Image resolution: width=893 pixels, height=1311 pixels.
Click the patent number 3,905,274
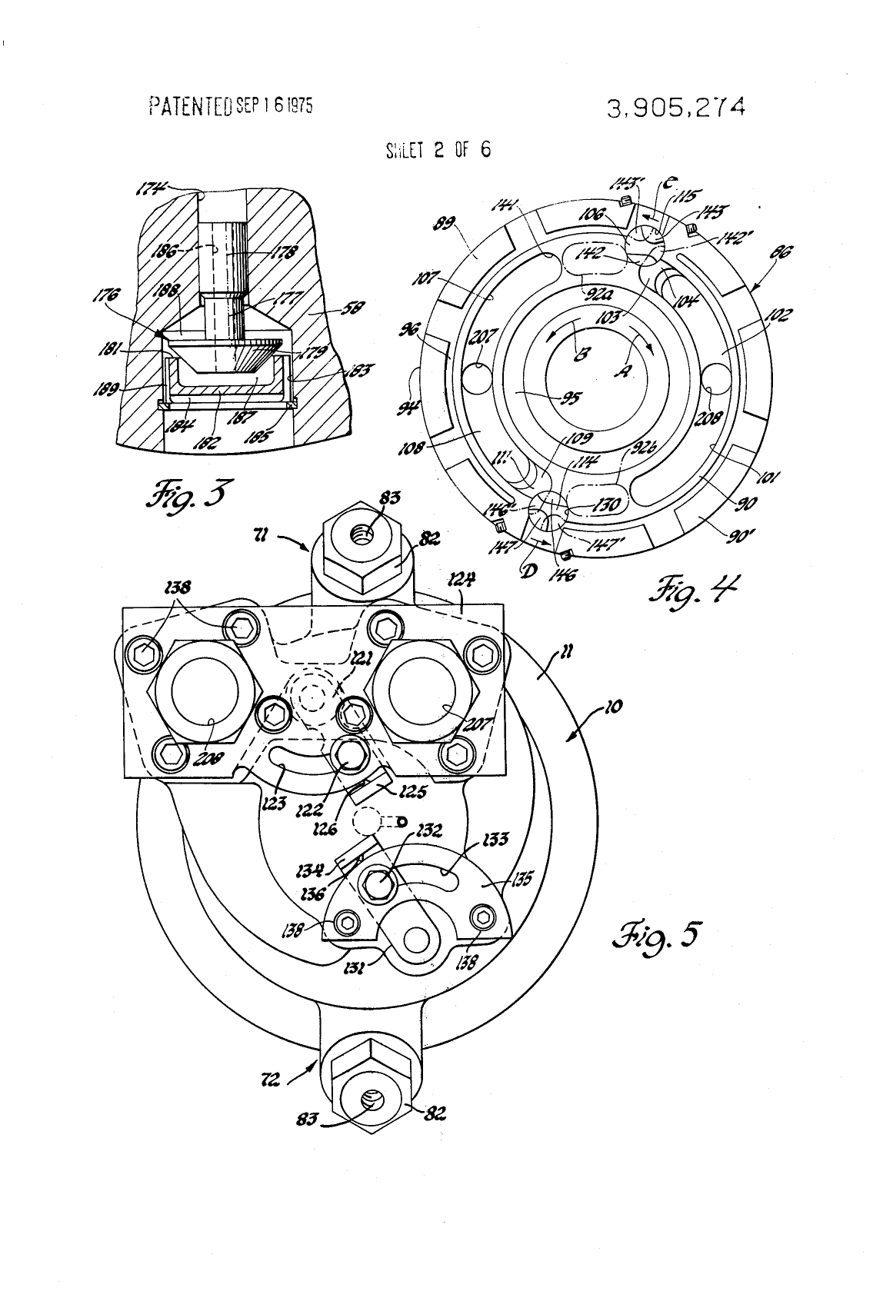(x=675, y=107)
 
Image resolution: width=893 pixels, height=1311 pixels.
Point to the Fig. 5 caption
(x=655, y=935)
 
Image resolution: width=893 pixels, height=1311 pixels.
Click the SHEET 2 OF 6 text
(x=437, y=149)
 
